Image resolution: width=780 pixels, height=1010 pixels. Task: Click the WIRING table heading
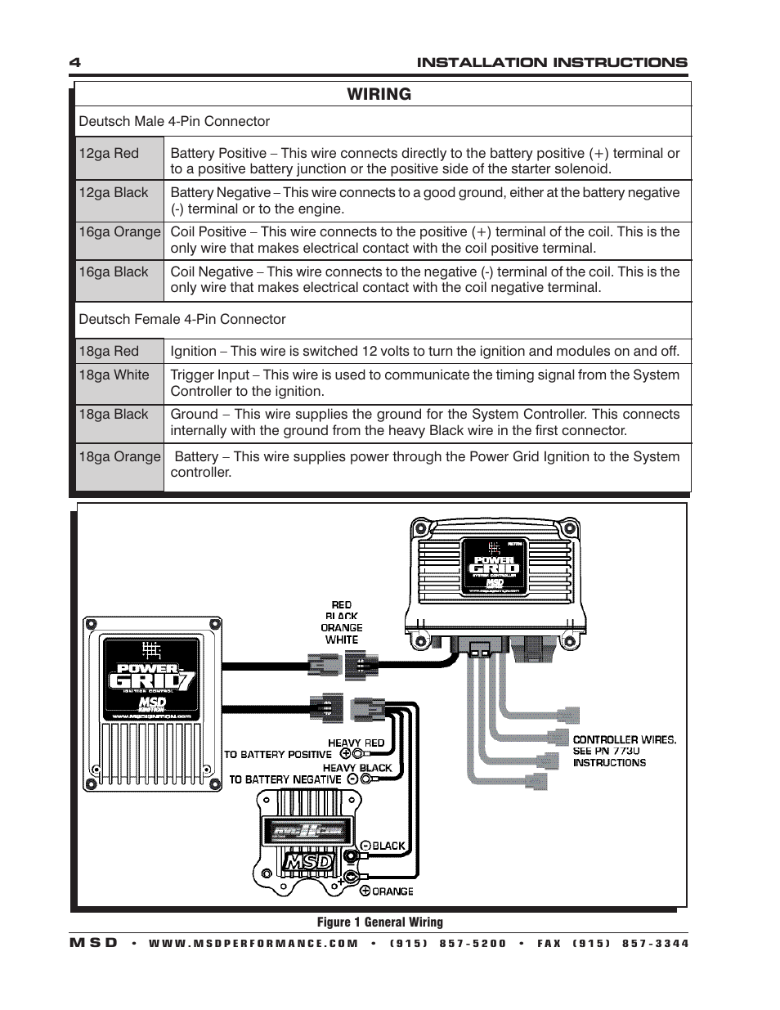pos(379,94)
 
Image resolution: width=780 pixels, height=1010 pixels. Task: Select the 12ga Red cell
pos(109,153)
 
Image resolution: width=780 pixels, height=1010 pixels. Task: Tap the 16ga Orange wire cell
pos(119,232)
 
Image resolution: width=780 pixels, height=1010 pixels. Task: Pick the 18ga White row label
pos(114,375)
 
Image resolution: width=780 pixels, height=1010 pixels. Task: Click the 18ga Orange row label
pos(119,456)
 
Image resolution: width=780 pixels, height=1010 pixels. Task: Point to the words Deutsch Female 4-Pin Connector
pos(182,319)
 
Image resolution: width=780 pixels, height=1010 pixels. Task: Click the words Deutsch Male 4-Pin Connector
pos(173,121)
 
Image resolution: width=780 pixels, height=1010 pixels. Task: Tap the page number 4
pos(74,63)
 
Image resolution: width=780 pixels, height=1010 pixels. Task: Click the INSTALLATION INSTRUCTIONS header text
pos(552,63)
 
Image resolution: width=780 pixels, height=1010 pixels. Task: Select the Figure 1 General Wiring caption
pos(380,922)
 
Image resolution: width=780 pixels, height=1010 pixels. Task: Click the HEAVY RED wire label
pos(356,743)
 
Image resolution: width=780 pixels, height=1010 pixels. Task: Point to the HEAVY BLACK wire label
pos(357,767)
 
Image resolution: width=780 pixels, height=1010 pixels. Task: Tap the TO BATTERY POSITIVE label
pos(278,754)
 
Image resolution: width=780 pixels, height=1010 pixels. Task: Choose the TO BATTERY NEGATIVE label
pos(285,779)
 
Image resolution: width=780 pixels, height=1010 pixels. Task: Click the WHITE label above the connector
pos(341,640)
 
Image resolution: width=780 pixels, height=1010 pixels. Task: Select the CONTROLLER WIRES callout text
pos(624,739)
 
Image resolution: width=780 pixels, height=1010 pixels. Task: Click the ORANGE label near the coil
pos(393,891)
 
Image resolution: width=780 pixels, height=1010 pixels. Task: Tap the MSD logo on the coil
pos(307,862)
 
